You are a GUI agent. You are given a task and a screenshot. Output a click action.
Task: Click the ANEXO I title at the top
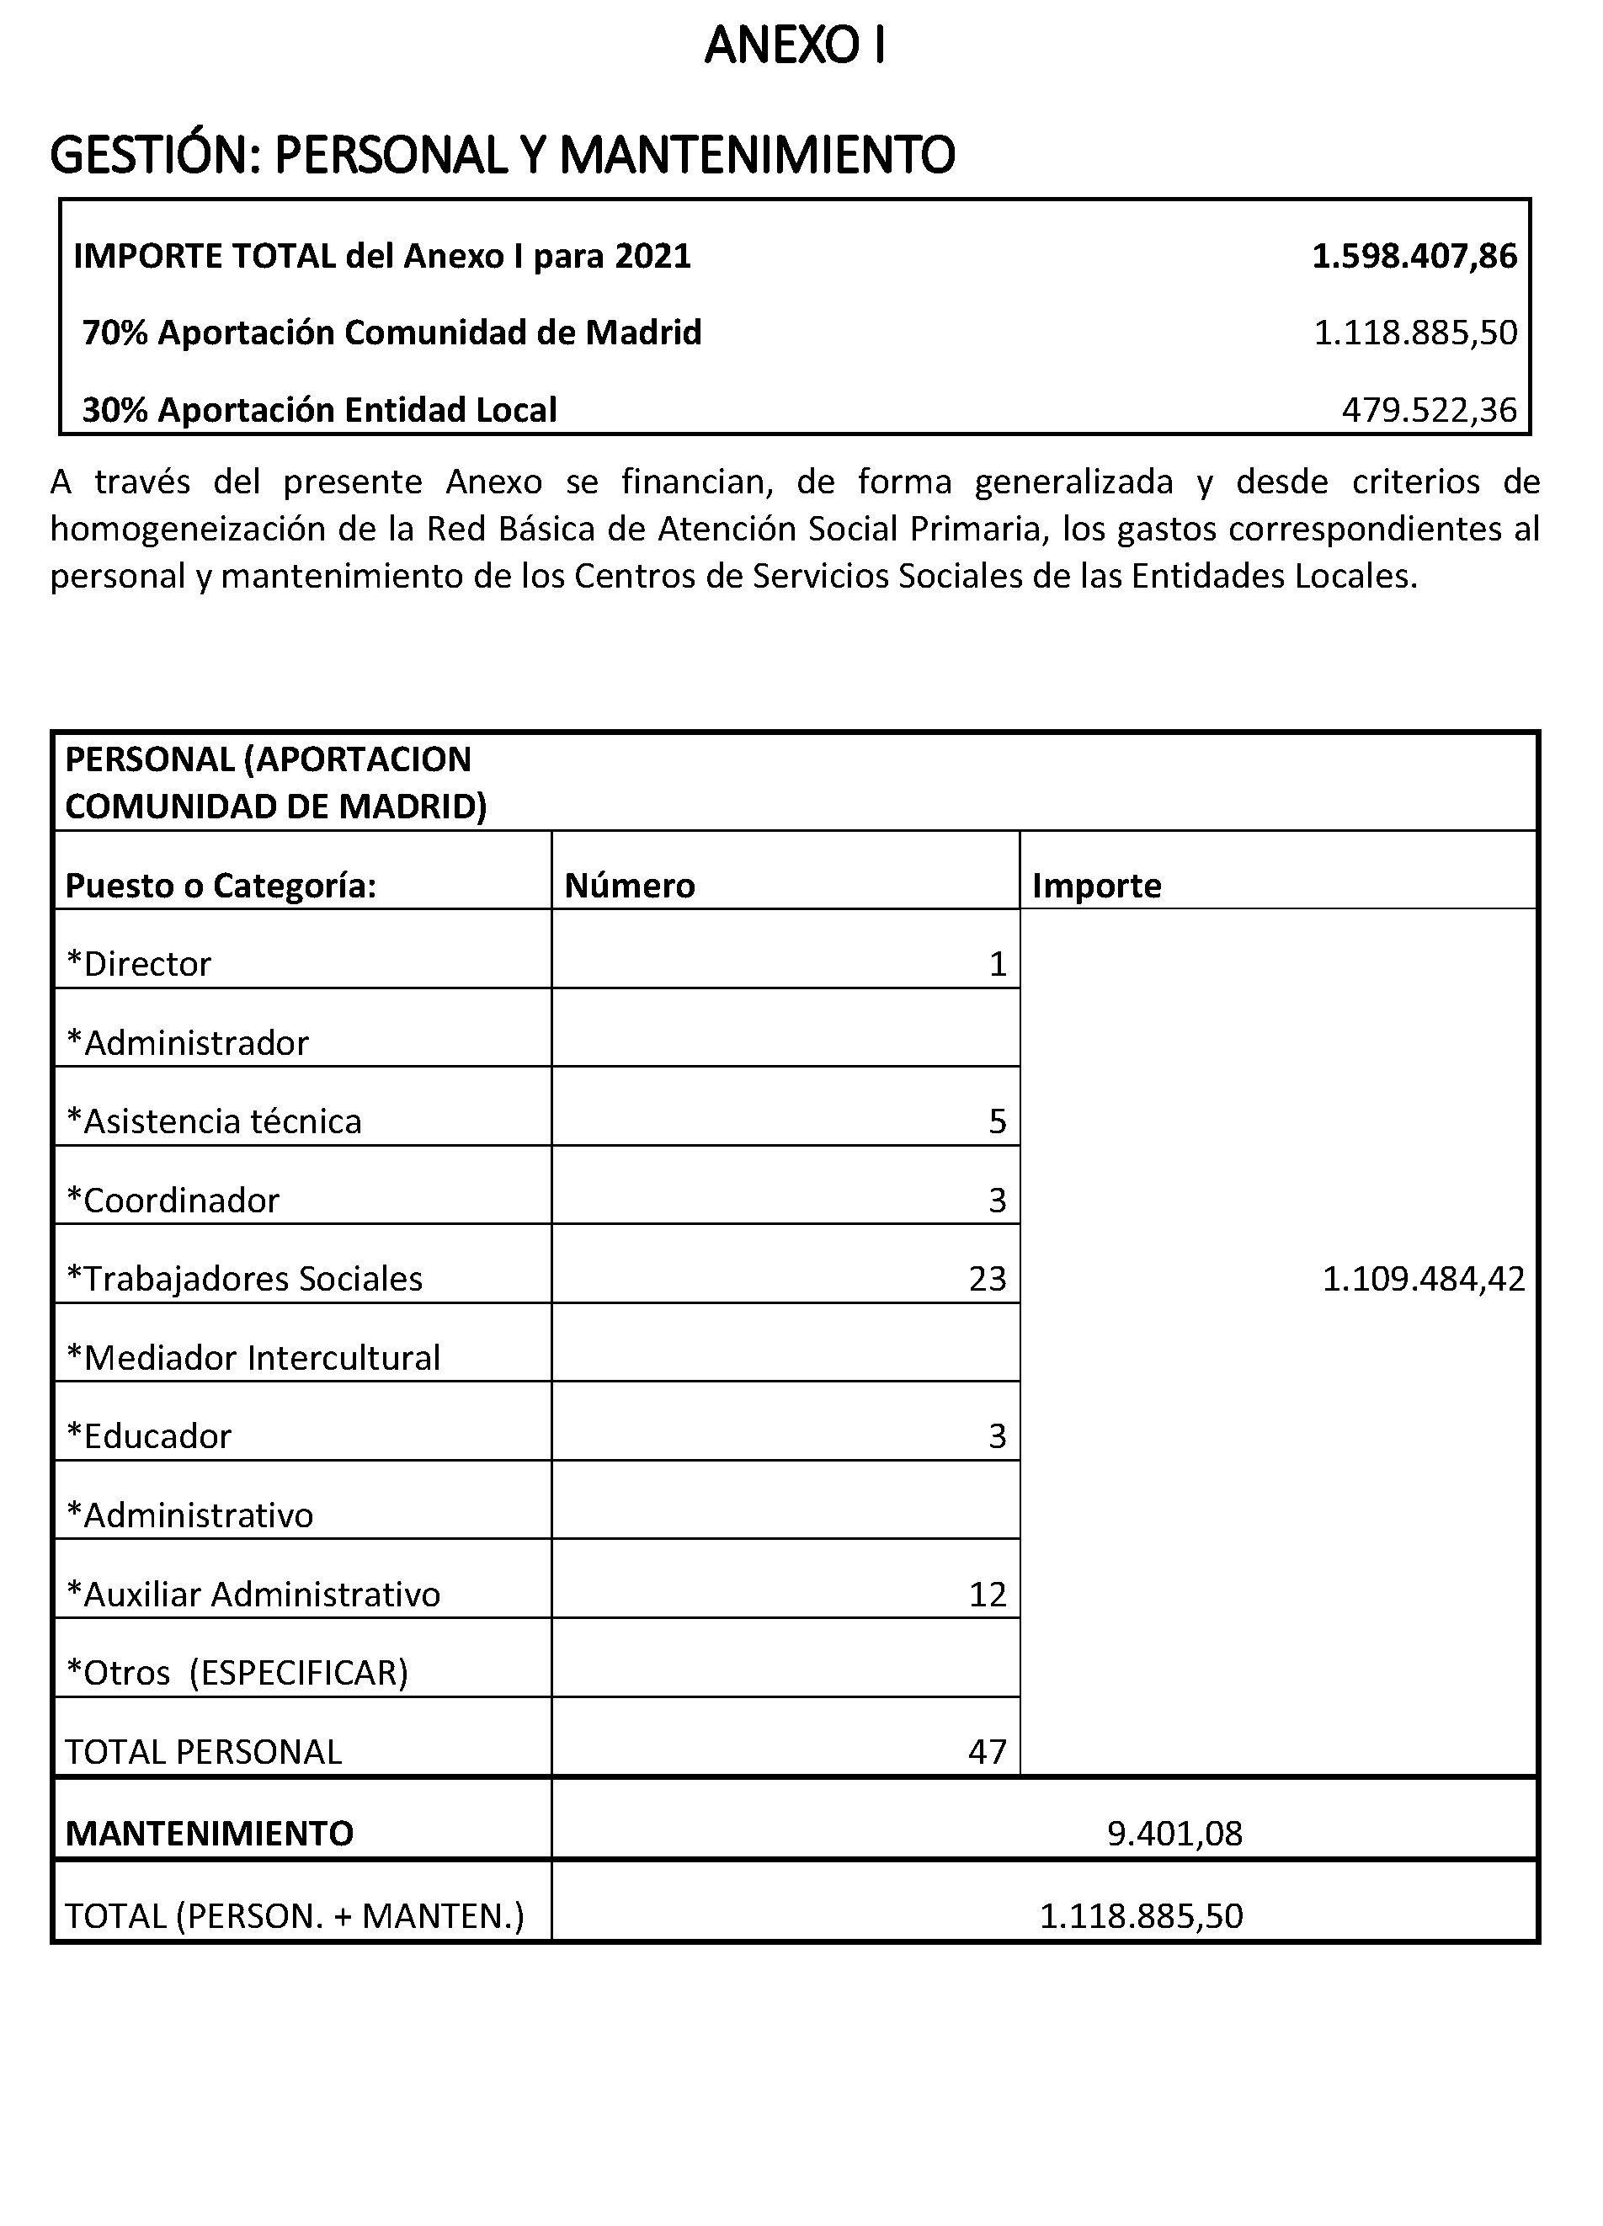click(794, 46)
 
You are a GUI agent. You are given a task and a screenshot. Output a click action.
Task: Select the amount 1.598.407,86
click(1414, 256)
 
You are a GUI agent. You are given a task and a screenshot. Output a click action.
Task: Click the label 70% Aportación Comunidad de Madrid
click(391, 333)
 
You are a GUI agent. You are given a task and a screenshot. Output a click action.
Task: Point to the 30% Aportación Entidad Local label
click(319, 409)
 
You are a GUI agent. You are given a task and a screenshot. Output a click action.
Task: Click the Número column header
click(629, 886)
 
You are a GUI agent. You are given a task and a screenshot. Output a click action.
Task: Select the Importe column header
click(1096, 886)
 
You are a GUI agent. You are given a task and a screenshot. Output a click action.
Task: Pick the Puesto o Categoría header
click(221, 886)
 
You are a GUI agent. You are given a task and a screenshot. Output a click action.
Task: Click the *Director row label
click(138, 964)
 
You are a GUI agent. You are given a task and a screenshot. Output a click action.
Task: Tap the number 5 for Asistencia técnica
click(998, 1121)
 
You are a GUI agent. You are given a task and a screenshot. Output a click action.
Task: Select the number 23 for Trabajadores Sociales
click(988, 1278)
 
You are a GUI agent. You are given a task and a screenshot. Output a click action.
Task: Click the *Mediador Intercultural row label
click(253, 1357)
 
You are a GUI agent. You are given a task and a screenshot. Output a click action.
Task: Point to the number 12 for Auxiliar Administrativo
click(988, 1594)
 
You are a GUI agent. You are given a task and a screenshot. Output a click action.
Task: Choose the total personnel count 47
click(988, 1751)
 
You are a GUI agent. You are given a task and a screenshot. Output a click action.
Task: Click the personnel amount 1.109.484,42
click(1424, 1278)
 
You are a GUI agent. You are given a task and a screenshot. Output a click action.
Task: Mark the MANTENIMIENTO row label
click(209, 1834)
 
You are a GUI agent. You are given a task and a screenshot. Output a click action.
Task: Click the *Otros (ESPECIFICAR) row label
click(237, 1671)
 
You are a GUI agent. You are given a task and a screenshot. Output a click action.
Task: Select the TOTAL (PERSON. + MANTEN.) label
click(295, 1916)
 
